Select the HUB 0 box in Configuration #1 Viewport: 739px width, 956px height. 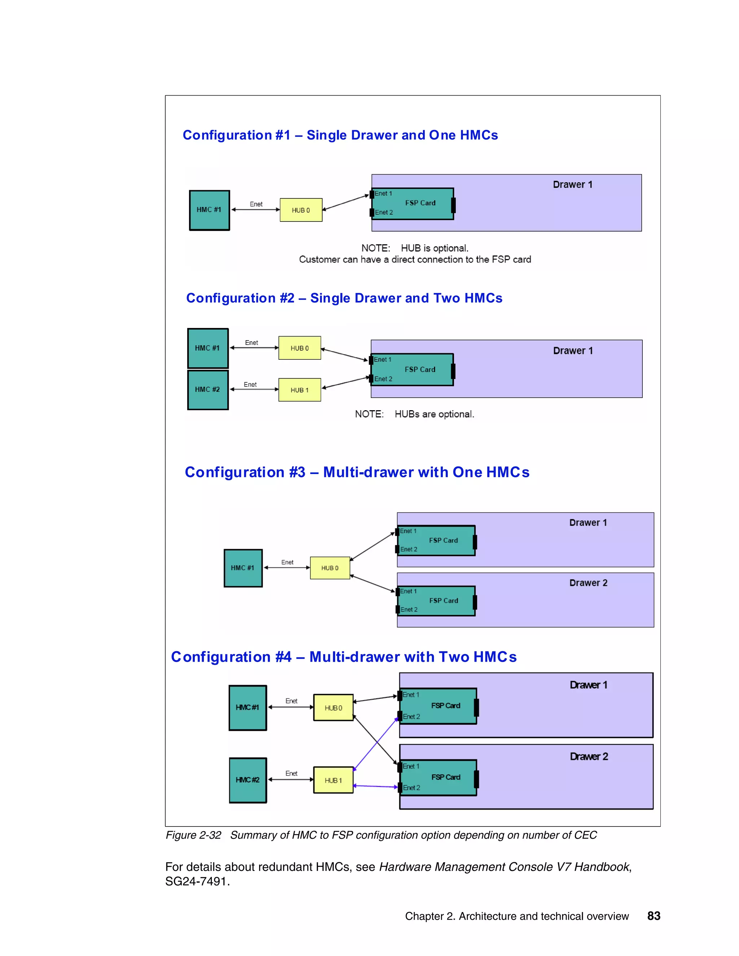(x=301, y=210)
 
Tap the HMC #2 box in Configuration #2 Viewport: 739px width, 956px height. (x=207, y=390)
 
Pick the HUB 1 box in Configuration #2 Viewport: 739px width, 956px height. (x=299, y=390)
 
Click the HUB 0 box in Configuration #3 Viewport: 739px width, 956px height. (x=330, y=568)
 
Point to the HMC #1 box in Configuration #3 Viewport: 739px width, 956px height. (x=243, y=568)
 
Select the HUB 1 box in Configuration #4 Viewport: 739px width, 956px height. (x=333, y=780)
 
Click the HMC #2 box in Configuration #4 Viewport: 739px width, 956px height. (x=248, y=780)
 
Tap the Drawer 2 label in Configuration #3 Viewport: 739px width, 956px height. (x=588, y=583)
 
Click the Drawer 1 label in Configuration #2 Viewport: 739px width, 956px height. (x=573, y=351)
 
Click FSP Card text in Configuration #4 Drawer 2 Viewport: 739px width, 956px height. (x=446, y=777)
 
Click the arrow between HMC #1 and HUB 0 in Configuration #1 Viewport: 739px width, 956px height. (x=256, y=210)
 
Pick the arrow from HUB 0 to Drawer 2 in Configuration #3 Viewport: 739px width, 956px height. (x=373, y=584)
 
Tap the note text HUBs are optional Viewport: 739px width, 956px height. (x=434, y=414)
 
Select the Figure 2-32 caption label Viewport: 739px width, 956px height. (x=193, y=835)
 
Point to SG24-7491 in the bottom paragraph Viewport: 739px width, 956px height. (x=197, y=882)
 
